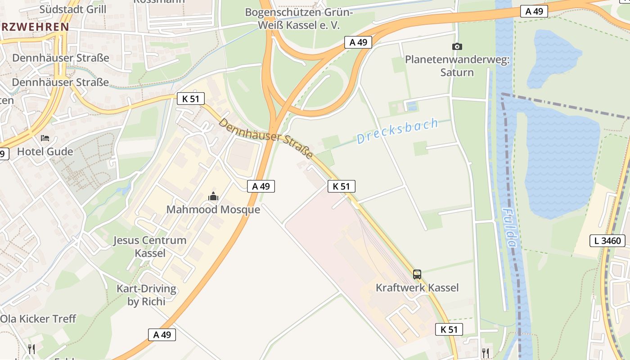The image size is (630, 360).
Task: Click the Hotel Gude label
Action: coord(45,152)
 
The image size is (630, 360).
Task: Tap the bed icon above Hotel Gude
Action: coord(45,138)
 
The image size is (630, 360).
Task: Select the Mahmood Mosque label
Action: coord(213,210)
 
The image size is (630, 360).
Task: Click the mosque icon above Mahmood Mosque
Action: coord(213,196)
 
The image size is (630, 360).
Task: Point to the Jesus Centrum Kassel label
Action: coord(150,247)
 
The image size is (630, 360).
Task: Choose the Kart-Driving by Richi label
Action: coord(146,295)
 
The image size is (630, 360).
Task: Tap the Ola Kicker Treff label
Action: coord(38,319)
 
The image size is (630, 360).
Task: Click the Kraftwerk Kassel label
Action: coord(417,288)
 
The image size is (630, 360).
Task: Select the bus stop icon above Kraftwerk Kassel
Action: coord(417,274)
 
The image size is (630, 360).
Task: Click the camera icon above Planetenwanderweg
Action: coord(457,46)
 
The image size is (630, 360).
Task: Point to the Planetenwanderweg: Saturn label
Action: coord(457,66)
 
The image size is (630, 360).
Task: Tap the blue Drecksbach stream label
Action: coord(397,131)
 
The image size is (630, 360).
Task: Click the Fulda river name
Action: coord(509,228)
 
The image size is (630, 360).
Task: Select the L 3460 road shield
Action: coord(607,241)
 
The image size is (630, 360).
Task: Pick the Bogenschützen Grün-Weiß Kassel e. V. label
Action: coord(299,18)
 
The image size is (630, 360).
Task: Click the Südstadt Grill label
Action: coord(73,9)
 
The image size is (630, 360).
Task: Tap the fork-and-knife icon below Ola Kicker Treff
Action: coord(31,349)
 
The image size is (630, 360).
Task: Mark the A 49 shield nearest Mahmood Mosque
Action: coord(261,186)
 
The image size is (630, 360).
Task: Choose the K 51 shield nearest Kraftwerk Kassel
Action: coord(449,329)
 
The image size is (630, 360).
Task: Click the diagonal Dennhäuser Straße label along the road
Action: coord(266,138)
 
